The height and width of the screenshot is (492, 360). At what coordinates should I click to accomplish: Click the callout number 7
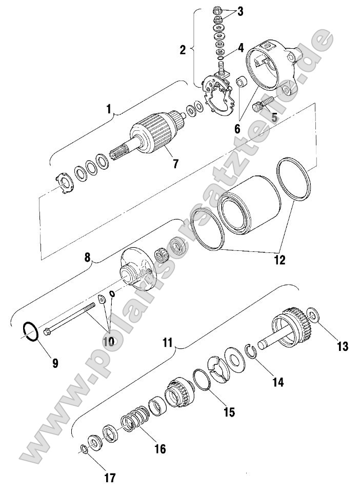tap(175, 164)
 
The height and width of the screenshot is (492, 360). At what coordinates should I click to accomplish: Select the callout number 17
tap(109, 478)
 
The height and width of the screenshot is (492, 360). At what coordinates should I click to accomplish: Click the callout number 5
tap(275, 117)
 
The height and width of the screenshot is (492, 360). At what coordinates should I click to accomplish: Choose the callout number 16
tap(159, 449)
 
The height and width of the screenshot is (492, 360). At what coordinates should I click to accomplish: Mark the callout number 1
tap(108, 109)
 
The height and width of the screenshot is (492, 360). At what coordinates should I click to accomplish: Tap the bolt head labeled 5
tap(259, 107)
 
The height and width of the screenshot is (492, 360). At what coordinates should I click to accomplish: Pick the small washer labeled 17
tap(83, 449)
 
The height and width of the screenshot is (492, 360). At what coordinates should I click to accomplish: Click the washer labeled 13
tap(313, 313)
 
